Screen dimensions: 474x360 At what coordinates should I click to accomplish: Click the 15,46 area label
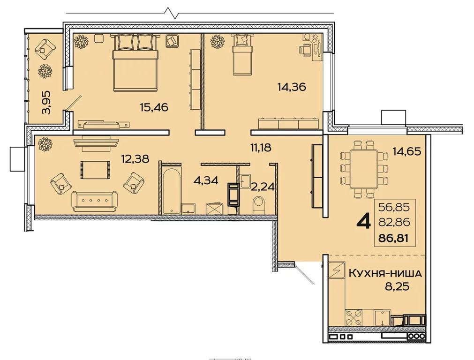point(154,107)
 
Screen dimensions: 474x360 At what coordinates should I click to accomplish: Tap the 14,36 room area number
point(292,87)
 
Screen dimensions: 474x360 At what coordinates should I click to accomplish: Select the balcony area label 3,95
point(46,102)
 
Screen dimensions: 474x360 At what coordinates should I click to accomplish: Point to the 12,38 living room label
point(135,158)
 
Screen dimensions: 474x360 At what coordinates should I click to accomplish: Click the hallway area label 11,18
point(261,148)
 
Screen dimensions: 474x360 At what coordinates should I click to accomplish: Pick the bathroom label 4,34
point(205,180)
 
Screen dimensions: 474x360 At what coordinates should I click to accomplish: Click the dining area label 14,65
point(406,151)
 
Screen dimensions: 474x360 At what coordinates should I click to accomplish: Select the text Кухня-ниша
point(385,273)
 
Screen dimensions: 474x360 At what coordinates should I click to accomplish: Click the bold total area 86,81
point(393,238)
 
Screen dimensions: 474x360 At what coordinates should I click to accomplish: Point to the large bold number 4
point(364,223)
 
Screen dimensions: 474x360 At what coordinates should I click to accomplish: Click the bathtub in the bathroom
point(172,191)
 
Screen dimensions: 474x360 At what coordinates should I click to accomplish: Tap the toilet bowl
point(258,204)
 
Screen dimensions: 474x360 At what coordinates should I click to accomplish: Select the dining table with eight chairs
point(364,169)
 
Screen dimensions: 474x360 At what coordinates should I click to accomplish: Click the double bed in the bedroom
point(135,62)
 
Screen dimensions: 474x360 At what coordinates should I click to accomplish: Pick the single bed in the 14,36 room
point(242,54)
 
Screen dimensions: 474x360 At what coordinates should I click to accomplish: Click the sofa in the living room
point(95,201)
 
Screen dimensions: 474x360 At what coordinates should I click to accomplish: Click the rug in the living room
point(95,170)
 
